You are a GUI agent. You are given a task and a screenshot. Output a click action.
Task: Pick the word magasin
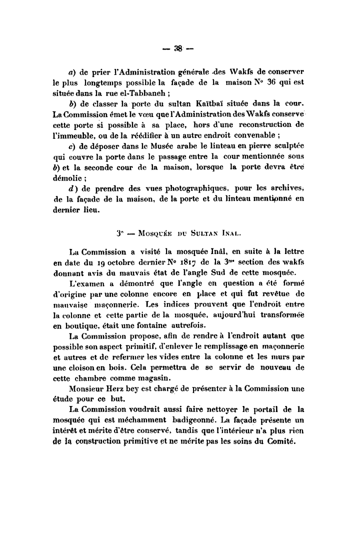(155, 377)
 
